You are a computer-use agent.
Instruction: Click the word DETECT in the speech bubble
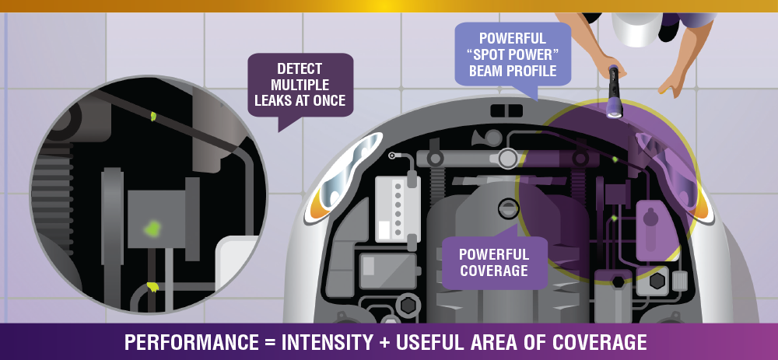coord(300,68)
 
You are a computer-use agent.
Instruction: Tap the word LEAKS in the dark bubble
coord(272,100)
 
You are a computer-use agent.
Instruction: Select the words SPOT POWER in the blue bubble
coord(513,54)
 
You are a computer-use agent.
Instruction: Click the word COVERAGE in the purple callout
coord(493,271)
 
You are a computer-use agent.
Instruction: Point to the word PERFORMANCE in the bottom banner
coord(191,343)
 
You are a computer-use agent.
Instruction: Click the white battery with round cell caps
coord(398,209)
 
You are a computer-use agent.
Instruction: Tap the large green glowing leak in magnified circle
coord(152,228)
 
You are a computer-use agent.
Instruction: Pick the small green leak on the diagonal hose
coord(153,116)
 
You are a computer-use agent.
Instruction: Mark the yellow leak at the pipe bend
coord(152,287)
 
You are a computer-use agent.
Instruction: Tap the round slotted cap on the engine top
coord(506,208)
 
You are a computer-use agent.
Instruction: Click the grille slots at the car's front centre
coord(506,110)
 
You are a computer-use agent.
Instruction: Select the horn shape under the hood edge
coord(482,137)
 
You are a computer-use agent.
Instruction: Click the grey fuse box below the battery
coord(388,271)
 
